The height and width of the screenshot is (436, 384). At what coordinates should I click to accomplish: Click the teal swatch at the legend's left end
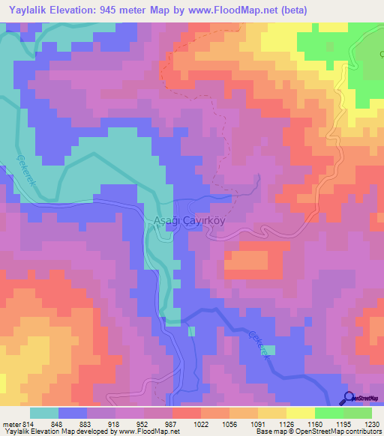tap(44, 413)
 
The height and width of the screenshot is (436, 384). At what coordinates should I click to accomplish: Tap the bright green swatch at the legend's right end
tap(357, 413)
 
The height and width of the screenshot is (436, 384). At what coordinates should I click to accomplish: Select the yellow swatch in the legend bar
tap(300, 413)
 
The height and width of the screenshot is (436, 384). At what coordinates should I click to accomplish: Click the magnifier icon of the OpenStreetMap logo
tap(348, 398)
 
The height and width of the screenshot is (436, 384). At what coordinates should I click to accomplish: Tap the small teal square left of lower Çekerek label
tap(269, 350)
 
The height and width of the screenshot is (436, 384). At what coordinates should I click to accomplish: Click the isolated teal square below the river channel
tap(192, 331)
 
